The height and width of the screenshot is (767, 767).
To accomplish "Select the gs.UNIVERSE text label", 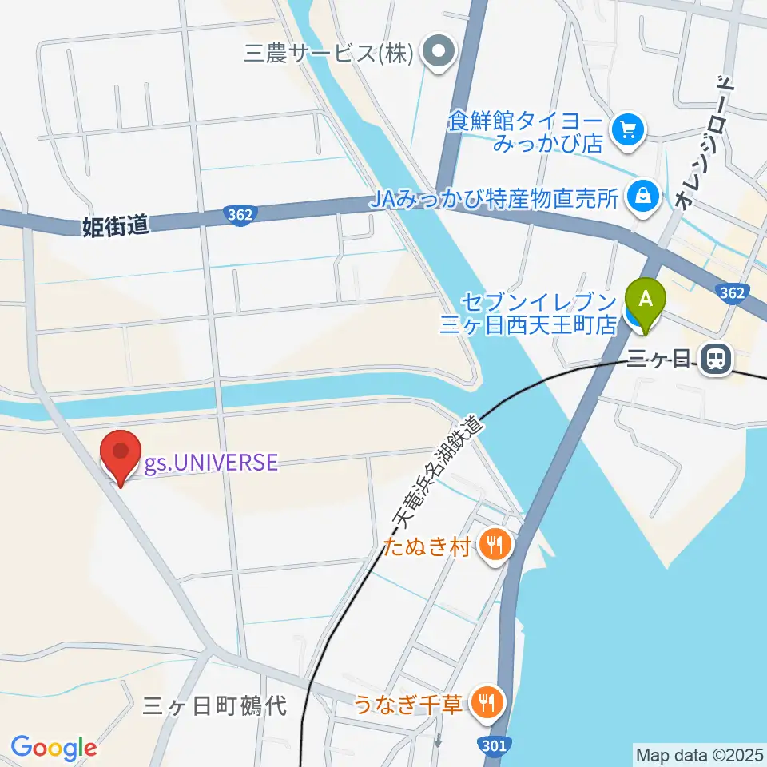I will click(212, 463).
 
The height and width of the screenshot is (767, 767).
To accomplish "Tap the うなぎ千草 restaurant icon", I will click(485, 702).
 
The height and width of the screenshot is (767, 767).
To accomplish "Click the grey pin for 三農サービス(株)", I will click(439, 54).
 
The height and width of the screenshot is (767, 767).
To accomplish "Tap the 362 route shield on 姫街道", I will click(240, 214).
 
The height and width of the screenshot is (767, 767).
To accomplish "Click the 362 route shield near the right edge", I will click(733, 293).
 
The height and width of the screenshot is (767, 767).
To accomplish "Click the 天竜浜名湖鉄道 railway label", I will click(438, 472).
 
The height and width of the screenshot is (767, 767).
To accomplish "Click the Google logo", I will click(54, 748).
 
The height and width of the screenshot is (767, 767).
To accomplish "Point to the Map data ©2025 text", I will click(699, 753).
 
